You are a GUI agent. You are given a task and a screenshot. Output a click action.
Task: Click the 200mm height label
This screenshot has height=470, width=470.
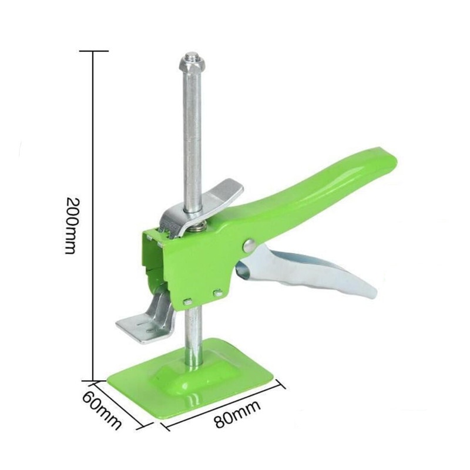(x=71, y=226)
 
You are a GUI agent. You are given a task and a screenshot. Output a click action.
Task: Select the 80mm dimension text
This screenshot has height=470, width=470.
(x=237, y=414)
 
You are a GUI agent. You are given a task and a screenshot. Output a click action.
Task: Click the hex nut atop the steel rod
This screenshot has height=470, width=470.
(x=192, y=64)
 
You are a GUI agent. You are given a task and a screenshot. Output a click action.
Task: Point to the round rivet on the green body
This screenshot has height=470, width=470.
(x=249, y=246)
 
